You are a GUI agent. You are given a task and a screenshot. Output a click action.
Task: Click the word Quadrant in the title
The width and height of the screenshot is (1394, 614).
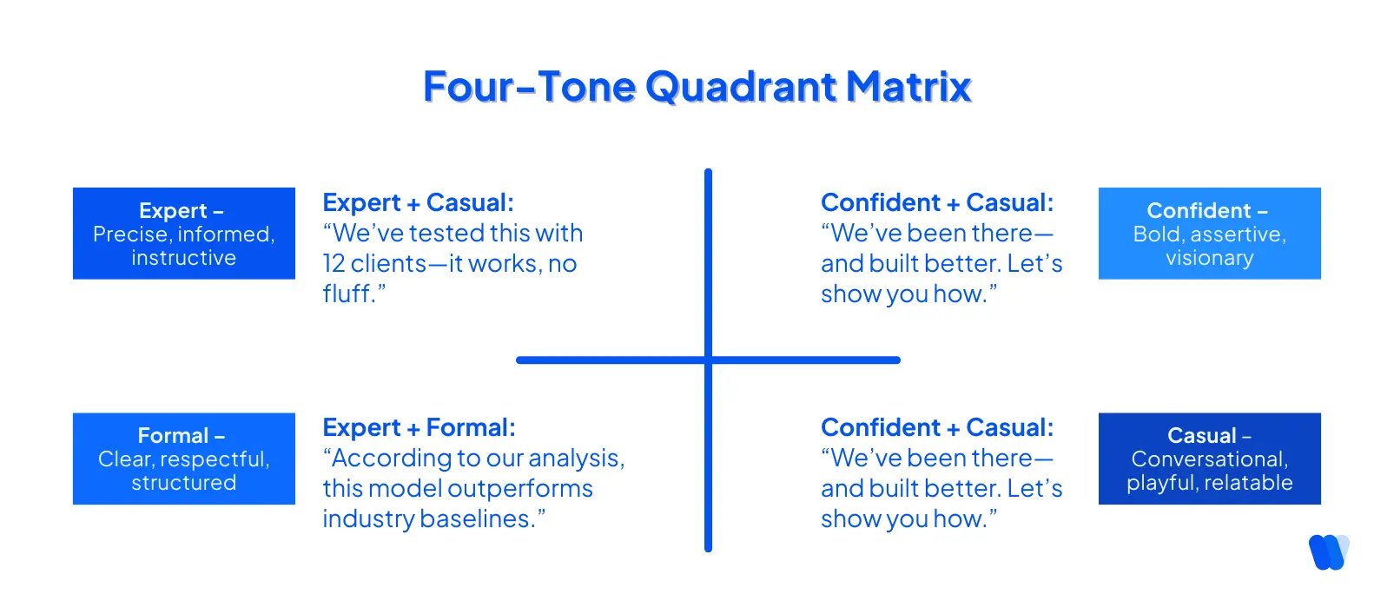click(741, 87)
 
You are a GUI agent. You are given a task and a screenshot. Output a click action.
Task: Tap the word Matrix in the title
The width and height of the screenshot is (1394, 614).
click(908, 87)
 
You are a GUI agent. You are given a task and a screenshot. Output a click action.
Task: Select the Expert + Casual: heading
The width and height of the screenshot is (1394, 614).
click(418, 202)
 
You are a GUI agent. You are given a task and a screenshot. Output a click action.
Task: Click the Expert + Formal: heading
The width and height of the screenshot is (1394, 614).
click(419, 427)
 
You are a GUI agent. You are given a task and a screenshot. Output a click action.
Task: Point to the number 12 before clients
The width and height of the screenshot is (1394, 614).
click(334, 264)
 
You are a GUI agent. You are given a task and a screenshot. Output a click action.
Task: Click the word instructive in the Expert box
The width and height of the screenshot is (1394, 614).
click(183, 258)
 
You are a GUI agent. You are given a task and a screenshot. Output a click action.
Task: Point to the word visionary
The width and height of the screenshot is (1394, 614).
click(1209, 258)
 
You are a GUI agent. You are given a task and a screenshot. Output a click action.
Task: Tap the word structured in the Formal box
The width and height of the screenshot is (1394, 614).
click(183, 483)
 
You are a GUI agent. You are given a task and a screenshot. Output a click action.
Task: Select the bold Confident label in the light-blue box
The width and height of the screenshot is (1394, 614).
click(1199, 210)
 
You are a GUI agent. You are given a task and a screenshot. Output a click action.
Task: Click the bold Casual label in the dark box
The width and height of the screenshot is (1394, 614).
click(1201, 435)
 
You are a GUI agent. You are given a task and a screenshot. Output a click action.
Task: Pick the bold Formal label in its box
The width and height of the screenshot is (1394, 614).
click(173, 435)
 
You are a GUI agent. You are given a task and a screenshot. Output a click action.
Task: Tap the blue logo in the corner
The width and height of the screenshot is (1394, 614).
click(1328, 551)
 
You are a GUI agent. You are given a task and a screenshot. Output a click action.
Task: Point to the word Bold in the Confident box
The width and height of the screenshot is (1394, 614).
click(1157, 234)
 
